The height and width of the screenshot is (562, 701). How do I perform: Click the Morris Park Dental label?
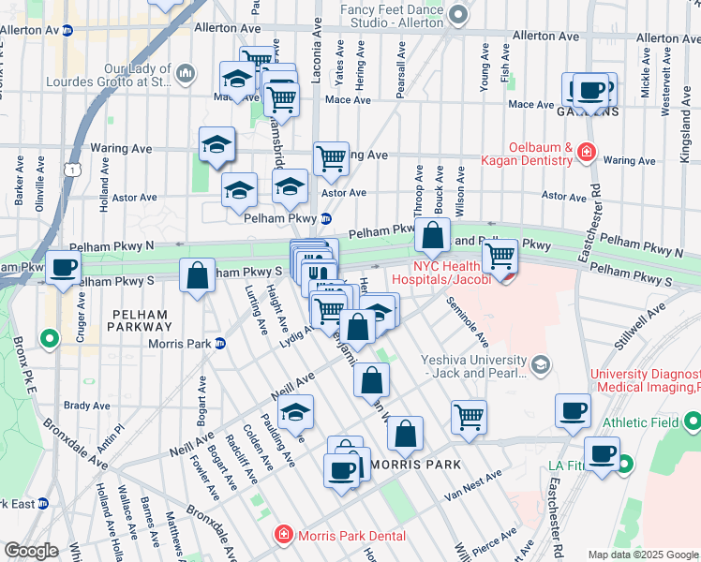351,536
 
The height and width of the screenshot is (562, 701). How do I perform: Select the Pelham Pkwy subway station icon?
325,218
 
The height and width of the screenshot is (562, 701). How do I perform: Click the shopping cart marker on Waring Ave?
331,158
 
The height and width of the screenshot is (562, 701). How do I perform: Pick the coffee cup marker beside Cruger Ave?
64,267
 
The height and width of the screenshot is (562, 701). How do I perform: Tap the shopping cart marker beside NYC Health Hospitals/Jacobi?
501,254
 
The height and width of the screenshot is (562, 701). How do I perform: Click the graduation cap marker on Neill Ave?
295,411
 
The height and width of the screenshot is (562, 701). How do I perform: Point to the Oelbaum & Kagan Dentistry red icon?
587,150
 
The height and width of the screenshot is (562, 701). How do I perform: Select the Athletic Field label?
642,422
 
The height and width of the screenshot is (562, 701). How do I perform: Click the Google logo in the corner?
31,551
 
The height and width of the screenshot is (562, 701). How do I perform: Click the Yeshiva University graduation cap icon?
539,362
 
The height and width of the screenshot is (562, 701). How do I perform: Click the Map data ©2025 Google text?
641,555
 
